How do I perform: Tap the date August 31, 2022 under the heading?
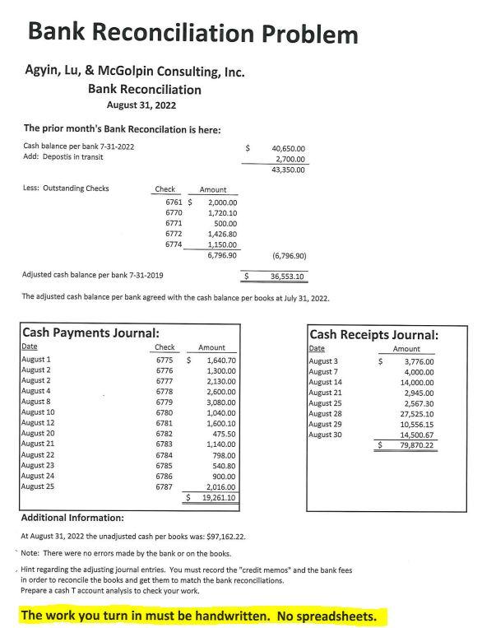coord(141,105)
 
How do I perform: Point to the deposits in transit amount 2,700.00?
coord(290,159)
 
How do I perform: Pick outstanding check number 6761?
coord(174,202)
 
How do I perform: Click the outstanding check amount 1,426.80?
coord(220,234)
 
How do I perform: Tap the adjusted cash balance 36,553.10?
coord(288,277)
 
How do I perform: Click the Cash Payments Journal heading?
coord(90,333)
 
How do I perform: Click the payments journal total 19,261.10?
coord(219,497)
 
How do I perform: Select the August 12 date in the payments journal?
coord(39,422)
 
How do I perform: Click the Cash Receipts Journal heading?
coord(373,335)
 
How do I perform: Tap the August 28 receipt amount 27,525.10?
coord(417,413)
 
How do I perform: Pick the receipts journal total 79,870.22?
coord(416,445)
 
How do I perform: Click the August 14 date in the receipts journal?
coord(325,382)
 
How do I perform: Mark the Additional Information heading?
coord(72,518)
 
